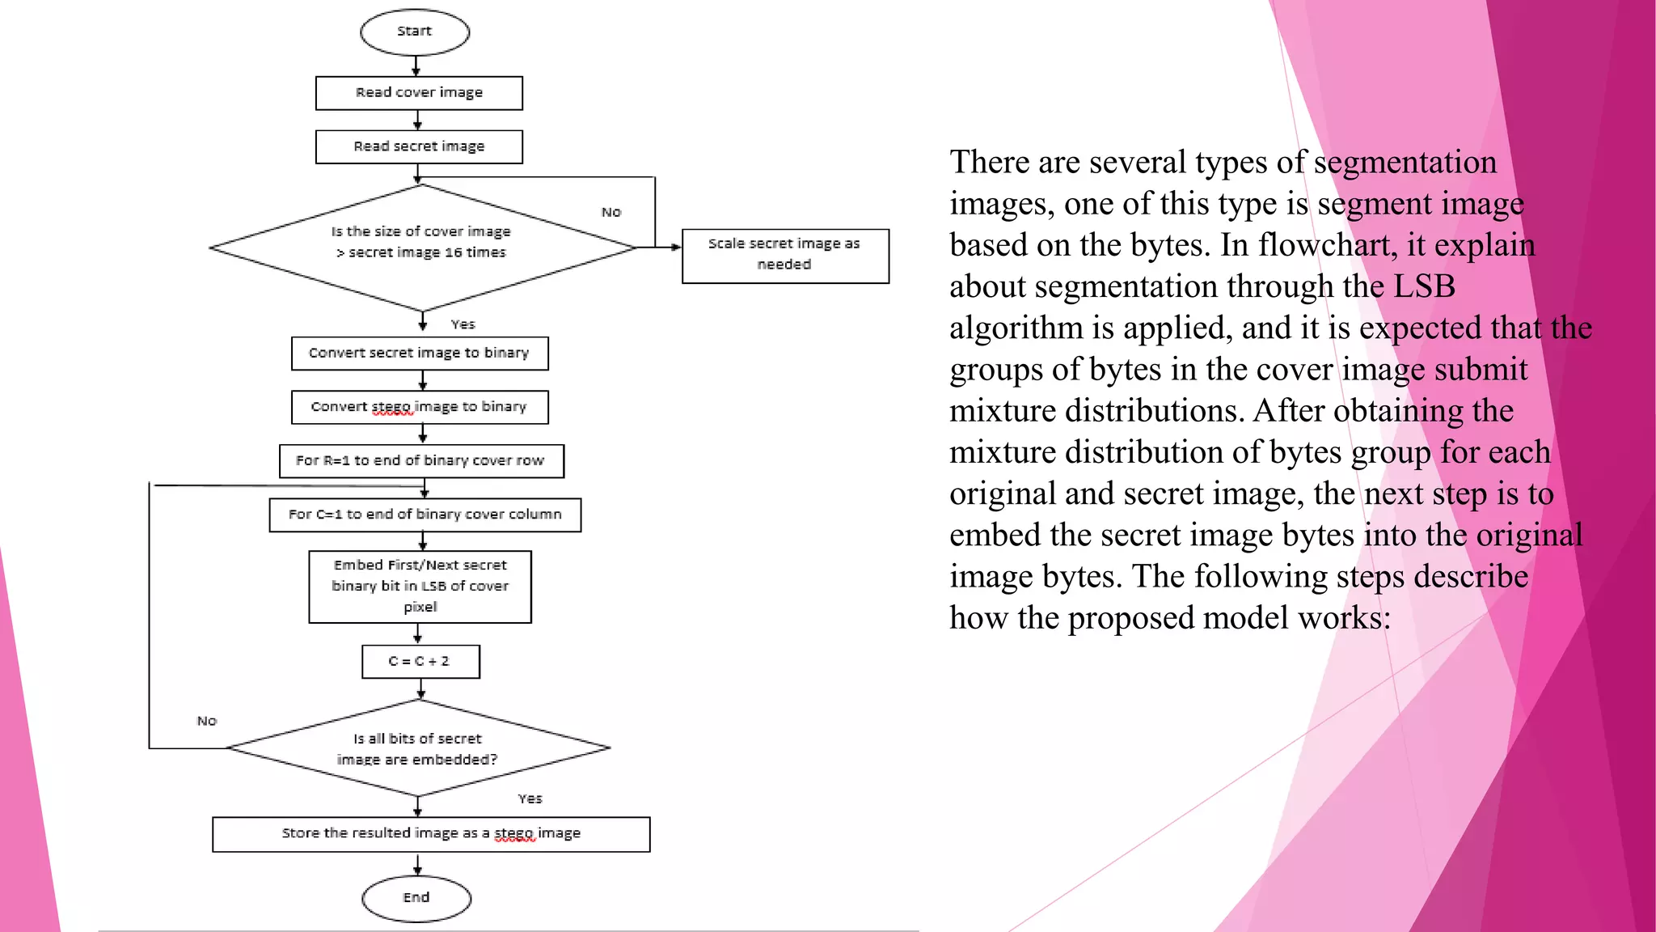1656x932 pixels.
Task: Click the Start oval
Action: pos(415,32)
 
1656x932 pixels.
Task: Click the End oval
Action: pos(416,898)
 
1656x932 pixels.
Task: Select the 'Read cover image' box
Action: pos(419,93)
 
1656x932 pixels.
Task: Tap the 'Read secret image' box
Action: pos(419,146)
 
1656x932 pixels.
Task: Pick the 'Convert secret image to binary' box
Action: pos(420,354)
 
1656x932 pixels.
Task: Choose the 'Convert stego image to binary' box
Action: pos(420,407)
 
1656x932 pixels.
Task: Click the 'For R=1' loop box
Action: pos(421,461)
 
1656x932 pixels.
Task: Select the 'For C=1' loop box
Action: pos(425,515)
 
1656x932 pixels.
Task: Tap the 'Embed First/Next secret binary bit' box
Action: pos(420,587)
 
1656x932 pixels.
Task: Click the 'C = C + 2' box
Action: pos(420,662)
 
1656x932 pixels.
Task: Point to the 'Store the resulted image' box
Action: pos(431,834)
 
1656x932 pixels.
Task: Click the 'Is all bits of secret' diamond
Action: pos(418,748)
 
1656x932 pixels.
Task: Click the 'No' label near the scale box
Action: pos(611,212)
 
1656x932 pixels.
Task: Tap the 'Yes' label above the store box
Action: pos(530,799)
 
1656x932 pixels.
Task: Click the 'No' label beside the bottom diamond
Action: pos(207,721)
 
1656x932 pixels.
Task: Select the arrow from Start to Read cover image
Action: pos(416,66)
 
